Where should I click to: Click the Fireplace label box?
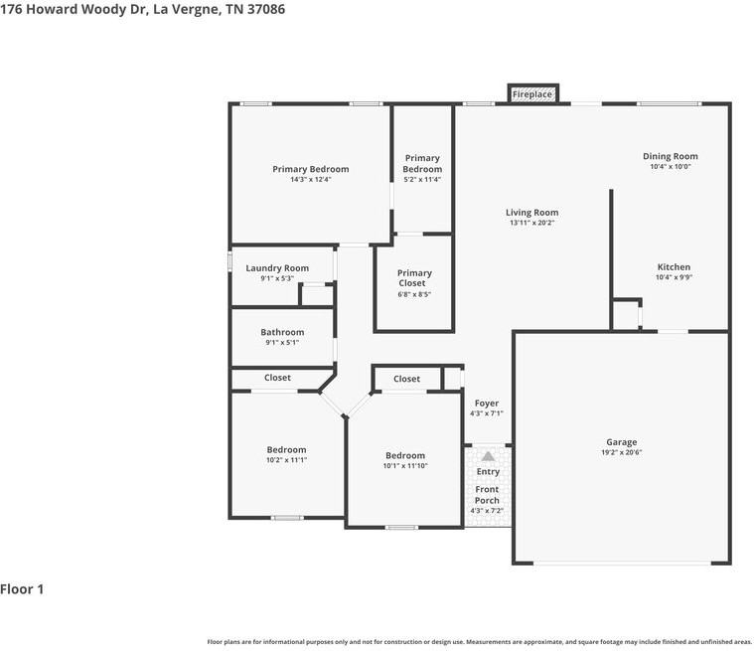pos(532,93)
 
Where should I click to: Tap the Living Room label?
pos(531,212)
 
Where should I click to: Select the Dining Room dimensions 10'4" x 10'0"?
pos(671,167)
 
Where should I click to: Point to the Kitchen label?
pos(674,267)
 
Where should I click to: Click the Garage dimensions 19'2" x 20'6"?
pos(621,452)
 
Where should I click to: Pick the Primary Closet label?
pos(414,278)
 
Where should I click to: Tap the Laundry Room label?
pos(277,268)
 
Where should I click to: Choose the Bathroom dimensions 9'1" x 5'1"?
pos(282,343)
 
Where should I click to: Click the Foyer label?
pos(486,404)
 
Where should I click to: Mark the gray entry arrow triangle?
pos(488,456)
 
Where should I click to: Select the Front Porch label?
pos(487,495)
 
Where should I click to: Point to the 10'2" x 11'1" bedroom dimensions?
pos(286,460)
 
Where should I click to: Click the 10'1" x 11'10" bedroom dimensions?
pos(405,466)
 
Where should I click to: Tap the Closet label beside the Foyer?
pos(407,379)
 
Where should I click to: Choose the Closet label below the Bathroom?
pos(277,378)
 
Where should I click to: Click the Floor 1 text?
pos(22,589)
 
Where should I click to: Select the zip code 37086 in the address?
pos(266,9)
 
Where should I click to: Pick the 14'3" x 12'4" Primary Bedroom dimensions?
pos(311,180)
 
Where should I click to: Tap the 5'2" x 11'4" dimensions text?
pos(422,180)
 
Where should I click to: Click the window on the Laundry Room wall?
pos(229,261)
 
